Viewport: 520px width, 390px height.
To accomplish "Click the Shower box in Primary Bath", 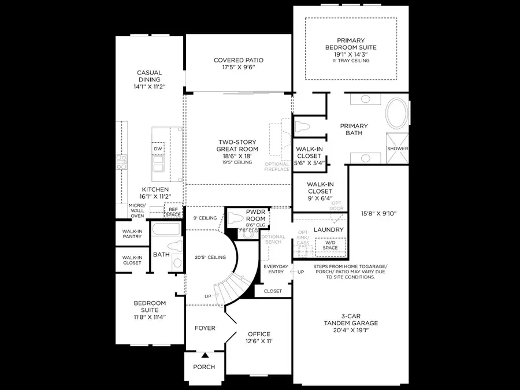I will pyautogui.click(x=398, y=148).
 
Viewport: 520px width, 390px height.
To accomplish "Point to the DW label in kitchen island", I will pyautogui.click(x=158, y=149).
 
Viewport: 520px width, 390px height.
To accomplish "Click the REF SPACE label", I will pyautogui.click(x=173, y=212).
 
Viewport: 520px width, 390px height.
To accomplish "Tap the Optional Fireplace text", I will pyautogui.click(x=277, y=166).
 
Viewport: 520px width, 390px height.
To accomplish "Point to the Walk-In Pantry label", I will pyautogui.click(x=132, y=233).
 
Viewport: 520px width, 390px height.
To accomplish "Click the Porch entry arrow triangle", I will pyautogui.click(x=204, y=354).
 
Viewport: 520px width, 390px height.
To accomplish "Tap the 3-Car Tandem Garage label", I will pyautogui.click(x=351, y=323).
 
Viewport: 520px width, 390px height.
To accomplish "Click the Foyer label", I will pyautogui.click(x=205, y=328).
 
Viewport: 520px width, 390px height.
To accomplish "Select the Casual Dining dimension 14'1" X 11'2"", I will pyautogui.click(x=149, y=87).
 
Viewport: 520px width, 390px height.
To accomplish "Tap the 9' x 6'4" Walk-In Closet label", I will pyautogui.click(x=320, y=188).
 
